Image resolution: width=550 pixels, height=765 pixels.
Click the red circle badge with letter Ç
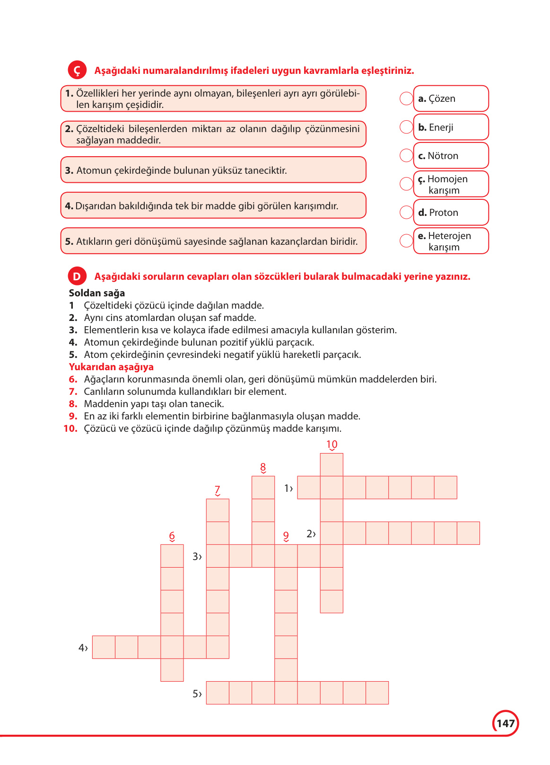point(77,70)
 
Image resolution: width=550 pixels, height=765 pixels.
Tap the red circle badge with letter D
point(77,276)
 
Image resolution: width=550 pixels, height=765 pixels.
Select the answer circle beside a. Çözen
point(406,98)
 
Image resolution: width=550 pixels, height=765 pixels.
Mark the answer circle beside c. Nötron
point(406,155)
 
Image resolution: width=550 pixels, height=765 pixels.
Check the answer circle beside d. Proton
point(406,212)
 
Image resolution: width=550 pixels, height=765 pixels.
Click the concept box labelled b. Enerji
point(451,127)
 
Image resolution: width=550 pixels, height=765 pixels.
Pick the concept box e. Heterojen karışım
point(451,241)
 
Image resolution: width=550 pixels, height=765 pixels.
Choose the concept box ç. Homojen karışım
point(451,184)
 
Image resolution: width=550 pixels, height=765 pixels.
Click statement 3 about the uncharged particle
point(213,170)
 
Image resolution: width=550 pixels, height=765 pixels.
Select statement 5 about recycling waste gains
point(213,241)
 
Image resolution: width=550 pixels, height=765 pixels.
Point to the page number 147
point(506,723)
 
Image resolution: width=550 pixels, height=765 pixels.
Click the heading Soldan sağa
point(97,293)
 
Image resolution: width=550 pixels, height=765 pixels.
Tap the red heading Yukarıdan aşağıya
point(111,367)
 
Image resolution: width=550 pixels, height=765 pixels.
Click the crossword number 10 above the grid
point(332,445)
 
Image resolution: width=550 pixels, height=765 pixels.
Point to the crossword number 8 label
point(263,468)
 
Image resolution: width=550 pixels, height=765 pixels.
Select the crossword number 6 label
point(172,536)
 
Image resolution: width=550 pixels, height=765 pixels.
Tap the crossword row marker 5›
point(197,694)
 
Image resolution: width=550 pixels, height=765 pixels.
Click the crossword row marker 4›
point(83,648)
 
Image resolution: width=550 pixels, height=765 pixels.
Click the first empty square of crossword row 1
point(309,488)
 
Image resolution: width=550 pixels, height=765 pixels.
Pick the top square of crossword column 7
point(218,510)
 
